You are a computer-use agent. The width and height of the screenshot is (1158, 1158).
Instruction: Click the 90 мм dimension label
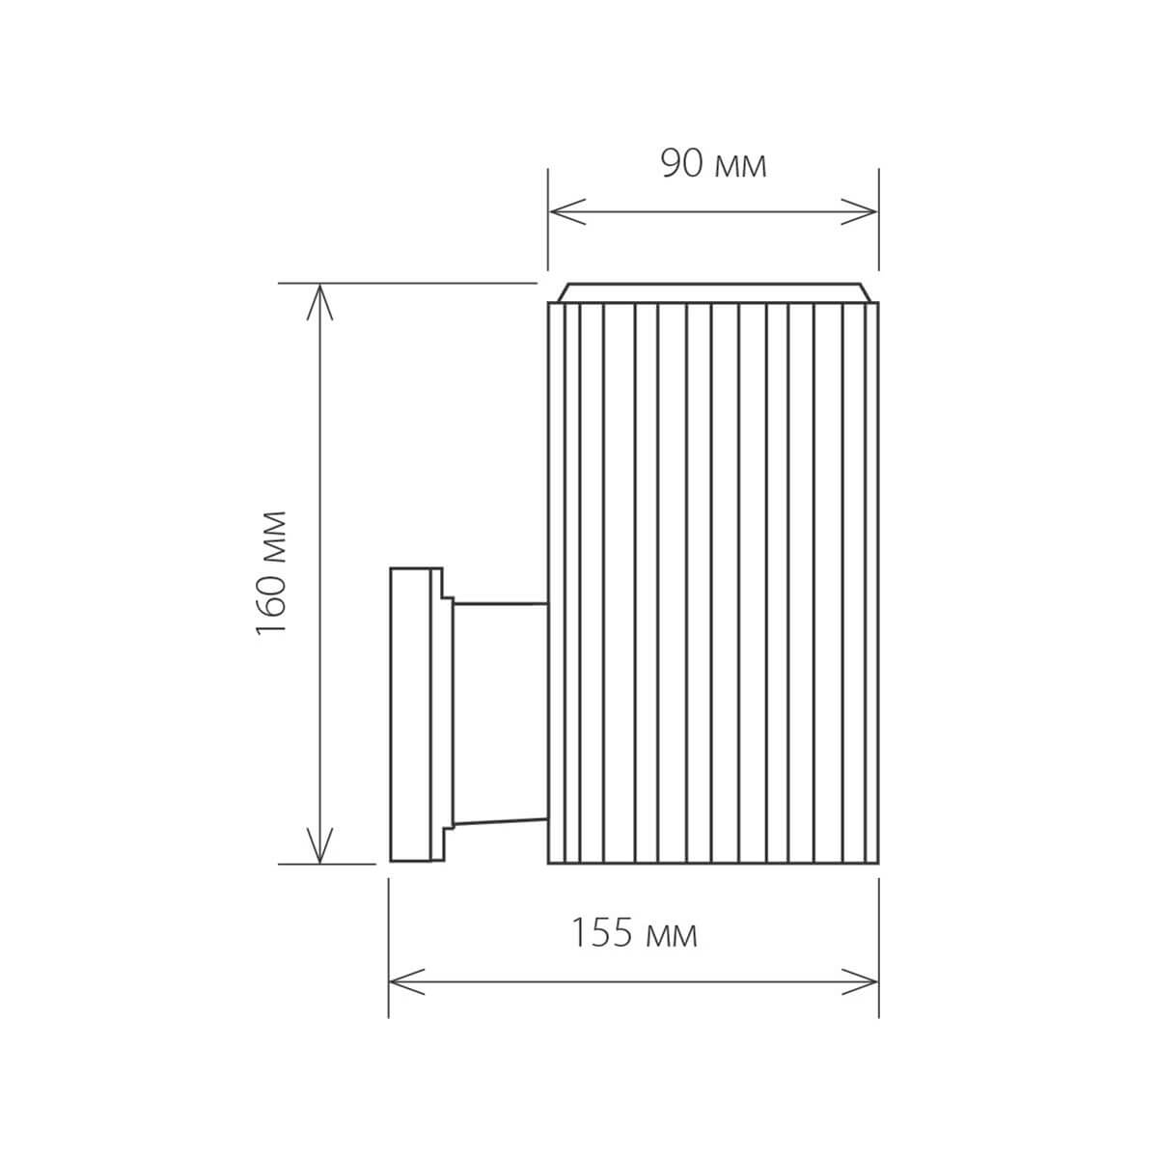[713, 164]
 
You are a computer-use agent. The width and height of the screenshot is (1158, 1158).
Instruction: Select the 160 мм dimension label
[272, 572]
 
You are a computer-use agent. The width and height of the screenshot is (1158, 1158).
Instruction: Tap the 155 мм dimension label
[633, 933]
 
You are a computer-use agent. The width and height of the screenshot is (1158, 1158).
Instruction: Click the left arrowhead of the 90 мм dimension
[565, 211]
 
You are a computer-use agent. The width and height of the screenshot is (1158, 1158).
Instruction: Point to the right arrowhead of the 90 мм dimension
[862, 211]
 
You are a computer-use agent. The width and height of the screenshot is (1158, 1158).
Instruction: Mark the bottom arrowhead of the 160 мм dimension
[319, 847]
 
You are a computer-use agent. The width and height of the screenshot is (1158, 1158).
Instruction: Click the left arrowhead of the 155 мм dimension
[404, 981]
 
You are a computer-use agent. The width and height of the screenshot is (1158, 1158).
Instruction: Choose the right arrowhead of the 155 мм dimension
[862, 981]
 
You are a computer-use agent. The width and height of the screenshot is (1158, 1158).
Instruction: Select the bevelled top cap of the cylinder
[713, 292]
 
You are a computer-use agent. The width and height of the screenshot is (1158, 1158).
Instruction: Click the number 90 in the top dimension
[681, 164]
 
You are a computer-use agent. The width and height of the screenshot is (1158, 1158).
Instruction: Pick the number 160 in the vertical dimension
[272, 603]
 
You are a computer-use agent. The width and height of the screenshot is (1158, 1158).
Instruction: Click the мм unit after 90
[741, 166]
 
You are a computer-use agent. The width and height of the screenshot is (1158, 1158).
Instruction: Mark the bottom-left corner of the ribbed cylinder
[548, 863]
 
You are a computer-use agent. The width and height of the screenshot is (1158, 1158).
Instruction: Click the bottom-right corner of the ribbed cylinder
[878, 863]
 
